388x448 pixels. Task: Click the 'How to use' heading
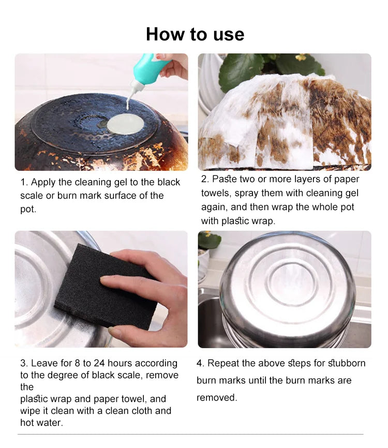pyautogui.click(x=195, y=34)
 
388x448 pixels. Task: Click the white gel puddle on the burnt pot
pyautogui.click(x=125, y=124)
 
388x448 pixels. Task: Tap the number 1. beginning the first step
pyautogui.click(x=24, y=182)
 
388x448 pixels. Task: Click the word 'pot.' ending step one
pyautogui.click(x=28, y=210)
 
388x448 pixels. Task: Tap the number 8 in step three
pyautogui.click(x=77, y=363)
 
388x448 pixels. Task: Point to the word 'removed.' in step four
pyautogui.click(x=217, y=397)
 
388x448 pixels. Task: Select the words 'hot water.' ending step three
pyautogui.click(x=42, y=423)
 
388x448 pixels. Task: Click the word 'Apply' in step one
pyautogui.click(x=42, y=183)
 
